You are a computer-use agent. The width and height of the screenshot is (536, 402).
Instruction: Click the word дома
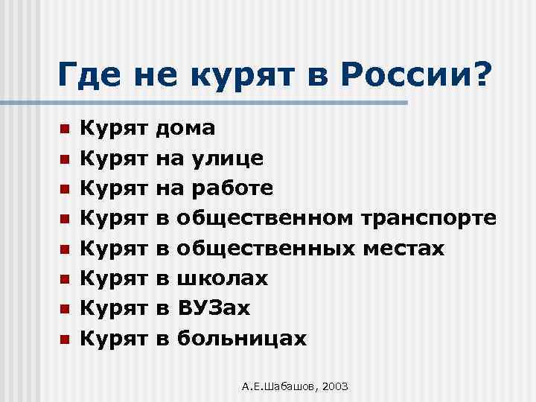pos(186,128)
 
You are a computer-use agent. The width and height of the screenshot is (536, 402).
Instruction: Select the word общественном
pos(265,218)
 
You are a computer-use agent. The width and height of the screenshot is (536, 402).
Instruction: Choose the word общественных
pos(265,248)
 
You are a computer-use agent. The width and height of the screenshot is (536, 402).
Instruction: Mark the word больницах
pos(242,339)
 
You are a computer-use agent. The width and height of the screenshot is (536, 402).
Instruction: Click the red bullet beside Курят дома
pos(65,129)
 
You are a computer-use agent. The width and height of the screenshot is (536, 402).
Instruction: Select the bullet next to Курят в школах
pos(65,279)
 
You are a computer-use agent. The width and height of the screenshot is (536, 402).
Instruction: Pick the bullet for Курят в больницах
pos(65,339)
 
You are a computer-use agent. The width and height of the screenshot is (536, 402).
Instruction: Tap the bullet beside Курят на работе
pos(65,189)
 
